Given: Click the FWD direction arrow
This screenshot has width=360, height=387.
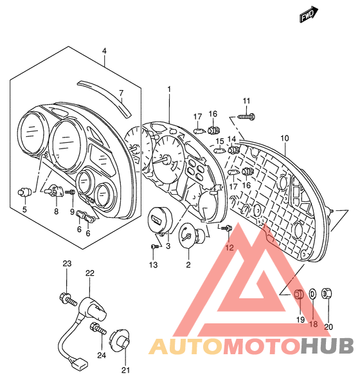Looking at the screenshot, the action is click(309, 15).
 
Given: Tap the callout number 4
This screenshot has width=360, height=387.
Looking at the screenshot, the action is click(104, 51).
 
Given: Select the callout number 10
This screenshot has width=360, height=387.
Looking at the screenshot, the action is click(285, 138).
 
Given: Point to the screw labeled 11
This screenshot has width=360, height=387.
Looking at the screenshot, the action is click(246, 116).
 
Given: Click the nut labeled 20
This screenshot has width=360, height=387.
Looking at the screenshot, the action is click(327, 294).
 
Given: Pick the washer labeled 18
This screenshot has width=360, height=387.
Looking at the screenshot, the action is click(312, 294).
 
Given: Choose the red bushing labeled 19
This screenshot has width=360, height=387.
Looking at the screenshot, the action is click(300, 293).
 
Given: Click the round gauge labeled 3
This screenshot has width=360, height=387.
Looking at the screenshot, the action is click(160, 220).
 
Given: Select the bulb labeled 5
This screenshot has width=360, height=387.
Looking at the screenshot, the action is click(24, 192).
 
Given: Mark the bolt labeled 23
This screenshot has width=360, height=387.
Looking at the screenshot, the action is click(68, 299).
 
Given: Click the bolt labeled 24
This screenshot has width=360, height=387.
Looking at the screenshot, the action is click(98, 328).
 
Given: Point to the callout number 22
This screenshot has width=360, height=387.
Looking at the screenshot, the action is click(90, 273).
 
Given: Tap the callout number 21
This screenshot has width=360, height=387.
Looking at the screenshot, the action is click(125, 370).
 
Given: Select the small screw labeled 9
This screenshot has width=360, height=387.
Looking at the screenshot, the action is click(70, 192).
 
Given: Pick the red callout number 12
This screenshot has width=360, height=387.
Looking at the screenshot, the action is click(230, 248).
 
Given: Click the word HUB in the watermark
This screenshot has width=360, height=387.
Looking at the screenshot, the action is click(327, 346).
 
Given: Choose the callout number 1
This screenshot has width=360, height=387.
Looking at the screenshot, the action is click(169, 89).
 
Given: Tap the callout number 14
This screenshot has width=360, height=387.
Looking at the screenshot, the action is click(231, 139).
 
